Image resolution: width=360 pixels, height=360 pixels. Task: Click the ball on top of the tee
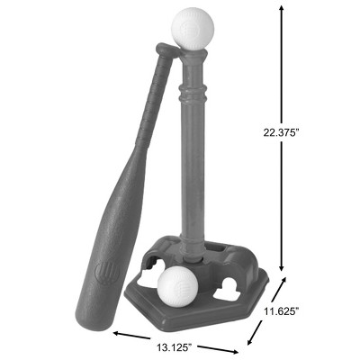[193, 29]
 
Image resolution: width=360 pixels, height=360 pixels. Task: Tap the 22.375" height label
[282, 132]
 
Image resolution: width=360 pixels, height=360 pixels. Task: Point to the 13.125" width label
[175, 347]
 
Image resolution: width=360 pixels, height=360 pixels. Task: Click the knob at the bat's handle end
[167, 49]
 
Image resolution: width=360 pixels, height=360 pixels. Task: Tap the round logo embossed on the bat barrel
[107, 273]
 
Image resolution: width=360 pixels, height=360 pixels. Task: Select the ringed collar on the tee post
[193, 92]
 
